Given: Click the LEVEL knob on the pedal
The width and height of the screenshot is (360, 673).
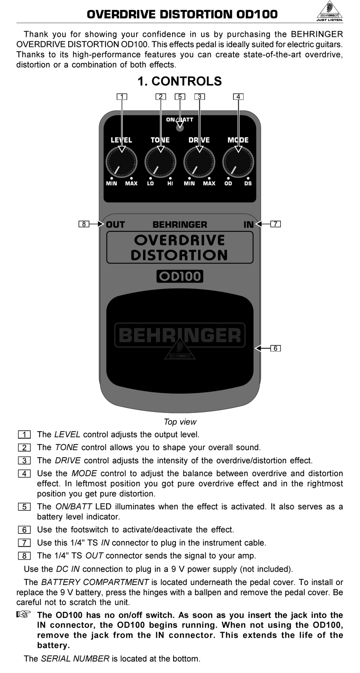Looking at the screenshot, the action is coord(121,162).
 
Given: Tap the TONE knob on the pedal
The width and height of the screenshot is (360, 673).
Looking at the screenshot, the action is coord(160,162).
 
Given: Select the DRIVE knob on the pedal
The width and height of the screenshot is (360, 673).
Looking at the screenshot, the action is coord(199,162).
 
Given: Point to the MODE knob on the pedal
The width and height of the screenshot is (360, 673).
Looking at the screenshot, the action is coord(238,162).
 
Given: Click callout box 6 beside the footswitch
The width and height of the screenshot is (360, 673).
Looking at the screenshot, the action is coord(275,348).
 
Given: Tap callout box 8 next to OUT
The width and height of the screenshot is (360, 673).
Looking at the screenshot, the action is coord(84,224).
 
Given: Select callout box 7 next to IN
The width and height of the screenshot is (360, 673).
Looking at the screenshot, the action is coord(275,224).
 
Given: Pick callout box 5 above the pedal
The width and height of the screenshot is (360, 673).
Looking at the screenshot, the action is coord(180,96).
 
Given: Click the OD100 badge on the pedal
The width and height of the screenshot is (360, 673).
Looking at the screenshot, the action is coord(180,276).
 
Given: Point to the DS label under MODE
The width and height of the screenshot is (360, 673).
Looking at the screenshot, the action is coord(248,184).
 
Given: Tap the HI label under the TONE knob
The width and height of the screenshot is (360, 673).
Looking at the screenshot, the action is coord(170,184).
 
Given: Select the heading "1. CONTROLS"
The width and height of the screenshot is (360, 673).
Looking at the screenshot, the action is coord(180,81).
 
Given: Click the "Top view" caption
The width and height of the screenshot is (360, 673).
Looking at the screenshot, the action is coord(180,422).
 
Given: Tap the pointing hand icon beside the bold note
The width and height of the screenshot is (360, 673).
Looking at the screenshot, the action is coord(23,615).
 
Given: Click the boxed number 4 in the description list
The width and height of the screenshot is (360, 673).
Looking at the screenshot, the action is coord(24,473).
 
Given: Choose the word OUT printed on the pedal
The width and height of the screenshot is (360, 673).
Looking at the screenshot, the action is coord(115,224).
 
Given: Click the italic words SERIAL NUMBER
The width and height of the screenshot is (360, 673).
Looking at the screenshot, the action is coord(75,659).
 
